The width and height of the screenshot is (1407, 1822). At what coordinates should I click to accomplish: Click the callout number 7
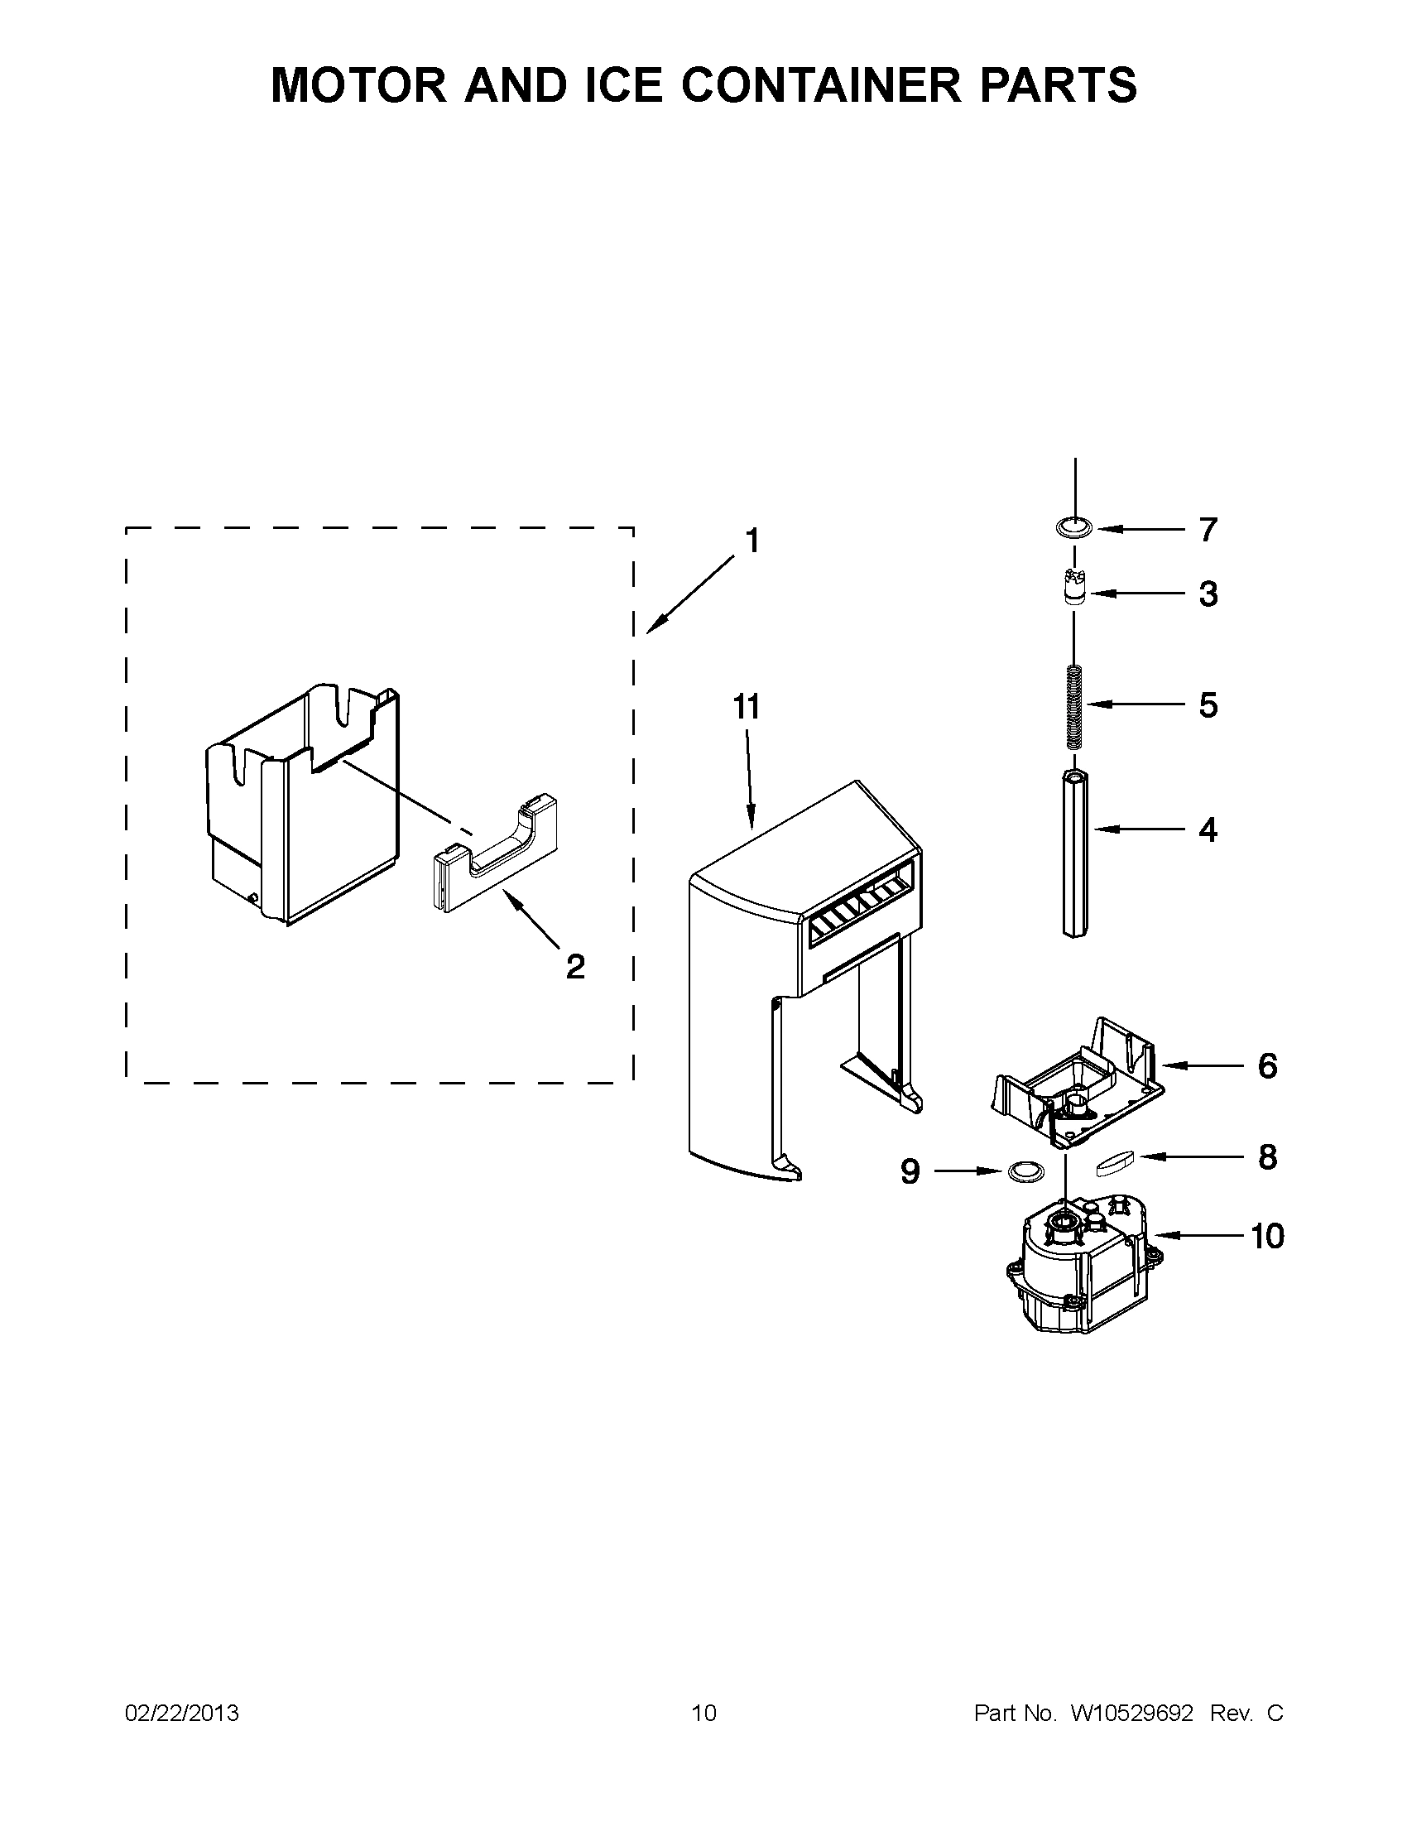click(1208, 529)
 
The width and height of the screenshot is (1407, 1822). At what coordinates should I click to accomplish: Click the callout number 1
click(752, 541)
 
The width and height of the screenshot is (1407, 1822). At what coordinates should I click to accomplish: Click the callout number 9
click(910, 1172)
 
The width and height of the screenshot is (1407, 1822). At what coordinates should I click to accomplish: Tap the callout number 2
click(574, 966)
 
